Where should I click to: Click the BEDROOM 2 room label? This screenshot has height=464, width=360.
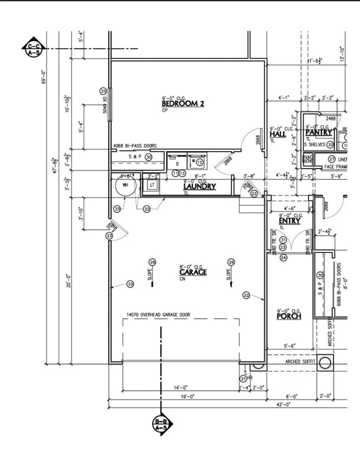pos(182,104)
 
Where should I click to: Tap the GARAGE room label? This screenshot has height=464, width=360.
pos(193,272)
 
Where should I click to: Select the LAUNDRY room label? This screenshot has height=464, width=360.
pos(199,186)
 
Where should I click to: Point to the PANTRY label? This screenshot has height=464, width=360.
pos(319,133)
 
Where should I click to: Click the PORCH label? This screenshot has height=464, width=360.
pos(289,316)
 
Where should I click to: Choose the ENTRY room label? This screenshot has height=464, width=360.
pos(289,221)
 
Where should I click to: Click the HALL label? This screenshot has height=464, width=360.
pos(277,134)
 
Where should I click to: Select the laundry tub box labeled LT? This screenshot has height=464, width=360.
pos(152,185)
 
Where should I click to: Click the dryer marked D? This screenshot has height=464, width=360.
pos(177,164)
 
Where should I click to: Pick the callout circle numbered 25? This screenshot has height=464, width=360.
pos(103,91)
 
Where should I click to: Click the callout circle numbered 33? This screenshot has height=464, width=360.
pos(117,209)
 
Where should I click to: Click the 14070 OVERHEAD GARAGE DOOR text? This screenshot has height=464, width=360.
pos(158,315)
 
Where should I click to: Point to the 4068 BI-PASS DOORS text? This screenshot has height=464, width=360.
pos(135,146)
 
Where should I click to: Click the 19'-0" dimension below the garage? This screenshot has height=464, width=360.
pos(186,396)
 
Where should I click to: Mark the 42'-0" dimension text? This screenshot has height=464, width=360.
pos(283,405)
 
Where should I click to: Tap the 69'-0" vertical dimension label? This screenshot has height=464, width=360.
pos(44,77)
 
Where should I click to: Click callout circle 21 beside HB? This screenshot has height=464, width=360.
pos(243,379)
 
